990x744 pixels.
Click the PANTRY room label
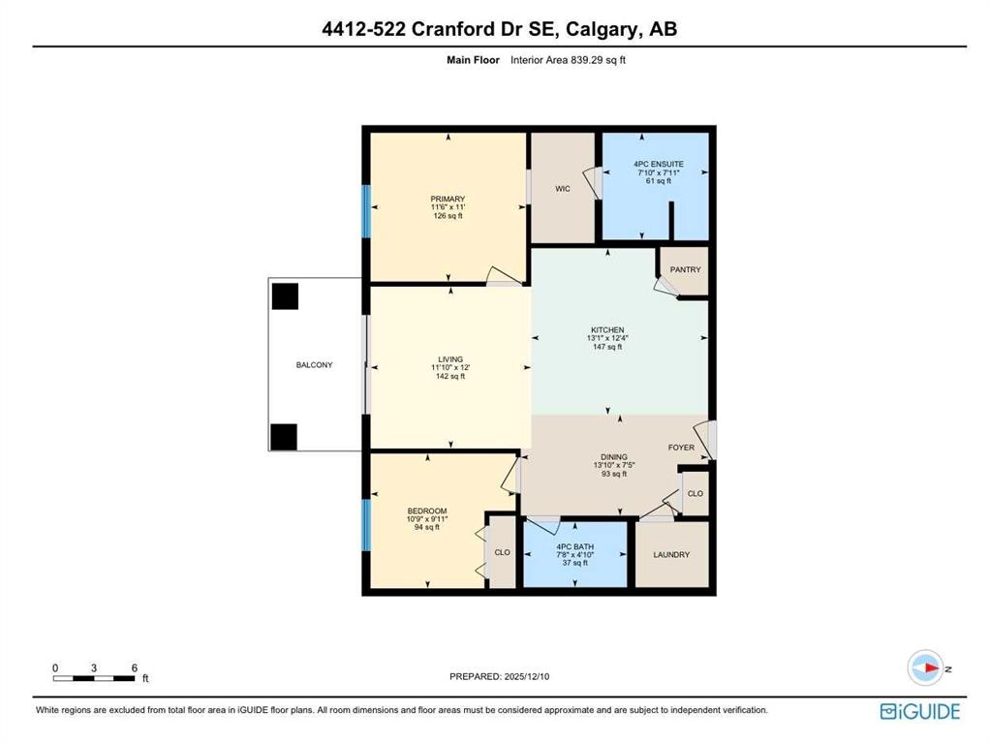coord(685,269)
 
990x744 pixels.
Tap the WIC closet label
coord(562,189)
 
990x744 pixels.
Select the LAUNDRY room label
coord(671,555)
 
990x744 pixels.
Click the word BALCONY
coord(314,365)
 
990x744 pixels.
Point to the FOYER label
coord(681,448)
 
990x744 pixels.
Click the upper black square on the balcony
coord(285,295)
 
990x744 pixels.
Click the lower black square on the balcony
coord(284,437)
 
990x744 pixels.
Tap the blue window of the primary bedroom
coord(366,210)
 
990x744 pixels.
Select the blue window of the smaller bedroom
coord(366,524)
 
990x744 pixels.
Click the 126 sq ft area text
coord(449,216)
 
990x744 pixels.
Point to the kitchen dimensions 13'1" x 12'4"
coord(607,338)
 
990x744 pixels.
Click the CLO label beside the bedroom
coord(502,552)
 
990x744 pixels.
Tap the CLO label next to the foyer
coord(695,493)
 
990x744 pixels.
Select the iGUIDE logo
coord(919,712)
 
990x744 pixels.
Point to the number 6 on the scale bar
coord(134,667)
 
